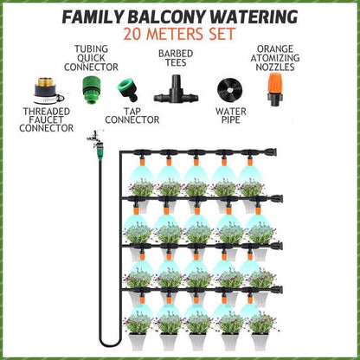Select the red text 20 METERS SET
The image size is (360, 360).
[179, 35]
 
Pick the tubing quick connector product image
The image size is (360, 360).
[88, 86]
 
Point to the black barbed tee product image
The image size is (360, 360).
[174, 87]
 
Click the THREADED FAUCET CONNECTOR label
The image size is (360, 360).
[41, 121]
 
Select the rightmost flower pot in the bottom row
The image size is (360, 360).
[259, 324]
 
